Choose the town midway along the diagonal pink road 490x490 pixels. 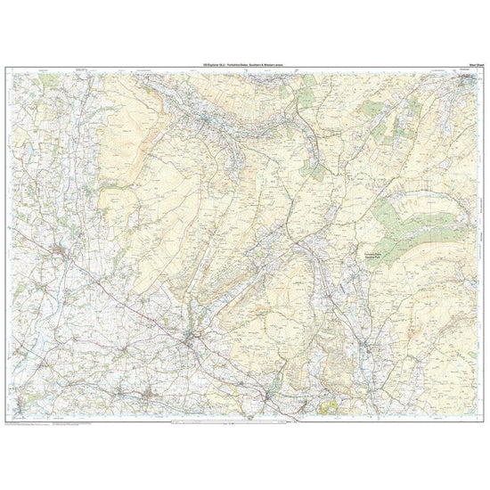(191, 336)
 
